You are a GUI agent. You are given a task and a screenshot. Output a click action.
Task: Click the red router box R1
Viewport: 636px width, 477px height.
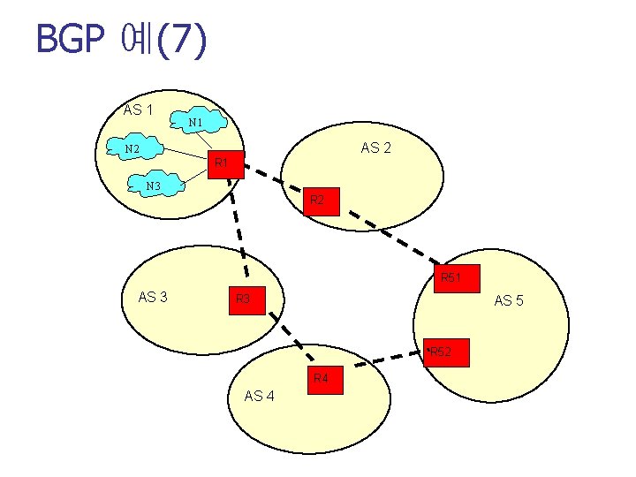223,163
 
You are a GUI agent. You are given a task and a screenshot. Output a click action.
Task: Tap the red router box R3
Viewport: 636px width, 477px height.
245,299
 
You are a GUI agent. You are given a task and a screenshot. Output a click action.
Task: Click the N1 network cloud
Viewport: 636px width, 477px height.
198,121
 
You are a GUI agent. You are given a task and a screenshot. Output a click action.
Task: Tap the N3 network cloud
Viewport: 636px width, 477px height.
155,185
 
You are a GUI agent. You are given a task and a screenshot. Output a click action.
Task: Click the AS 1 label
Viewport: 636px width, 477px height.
139,110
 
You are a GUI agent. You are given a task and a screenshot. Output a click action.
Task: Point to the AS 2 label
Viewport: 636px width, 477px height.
376,148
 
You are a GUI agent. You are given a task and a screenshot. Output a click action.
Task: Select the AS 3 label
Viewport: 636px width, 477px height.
154,297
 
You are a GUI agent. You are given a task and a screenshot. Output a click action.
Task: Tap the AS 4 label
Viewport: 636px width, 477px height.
259,396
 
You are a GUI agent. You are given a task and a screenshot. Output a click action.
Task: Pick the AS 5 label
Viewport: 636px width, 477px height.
509,301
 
